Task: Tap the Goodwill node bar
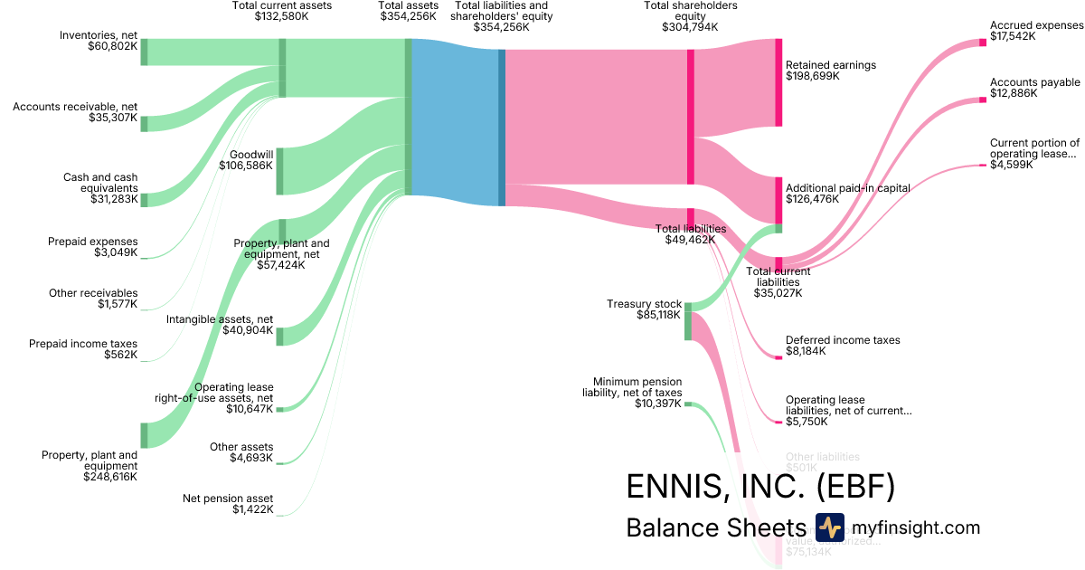280,171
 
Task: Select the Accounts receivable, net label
75,107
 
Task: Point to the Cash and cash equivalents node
144,200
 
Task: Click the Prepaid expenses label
92,242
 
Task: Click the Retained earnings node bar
778,82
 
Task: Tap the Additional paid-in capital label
847,187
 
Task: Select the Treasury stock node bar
688,322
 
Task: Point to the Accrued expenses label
1036,25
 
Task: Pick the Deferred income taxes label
843,340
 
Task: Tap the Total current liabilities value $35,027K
778,293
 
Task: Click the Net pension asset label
228,499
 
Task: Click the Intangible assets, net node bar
280,337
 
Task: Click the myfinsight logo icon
829,527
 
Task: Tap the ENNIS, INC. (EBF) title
760,487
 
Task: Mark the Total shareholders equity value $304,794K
690,27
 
